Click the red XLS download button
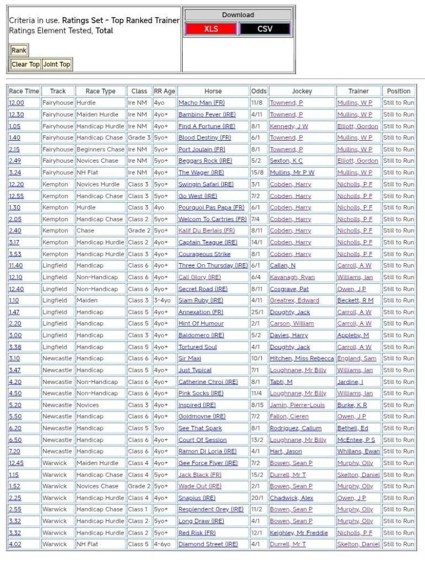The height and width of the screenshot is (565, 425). click(211, 29)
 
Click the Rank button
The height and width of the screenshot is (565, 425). click(19, 50)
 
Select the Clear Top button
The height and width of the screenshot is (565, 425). click(26, 64)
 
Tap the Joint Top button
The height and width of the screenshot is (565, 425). click(57, 64)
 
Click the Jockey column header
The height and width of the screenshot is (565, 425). click(302, 91)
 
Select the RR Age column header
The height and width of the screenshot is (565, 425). click(164, 91)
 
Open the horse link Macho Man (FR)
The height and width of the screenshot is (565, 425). click(201, 103)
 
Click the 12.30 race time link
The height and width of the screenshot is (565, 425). click(16, 115)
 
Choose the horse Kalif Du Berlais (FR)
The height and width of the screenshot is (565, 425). click(206, 231)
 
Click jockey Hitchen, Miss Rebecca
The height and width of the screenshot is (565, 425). click(302, 359)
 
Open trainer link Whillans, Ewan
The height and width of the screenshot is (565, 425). click(358, 451)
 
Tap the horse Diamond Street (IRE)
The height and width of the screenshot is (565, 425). click(208, 544)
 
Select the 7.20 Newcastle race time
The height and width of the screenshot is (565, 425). click(15, 451)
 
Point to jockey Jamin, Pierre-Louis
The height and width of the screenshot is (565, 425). click(297, 405)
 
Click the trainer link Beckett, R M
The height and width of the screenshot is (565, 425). click(355, 301)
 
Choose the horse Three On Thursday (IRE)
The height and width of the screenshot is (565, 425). click(213, 265)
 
